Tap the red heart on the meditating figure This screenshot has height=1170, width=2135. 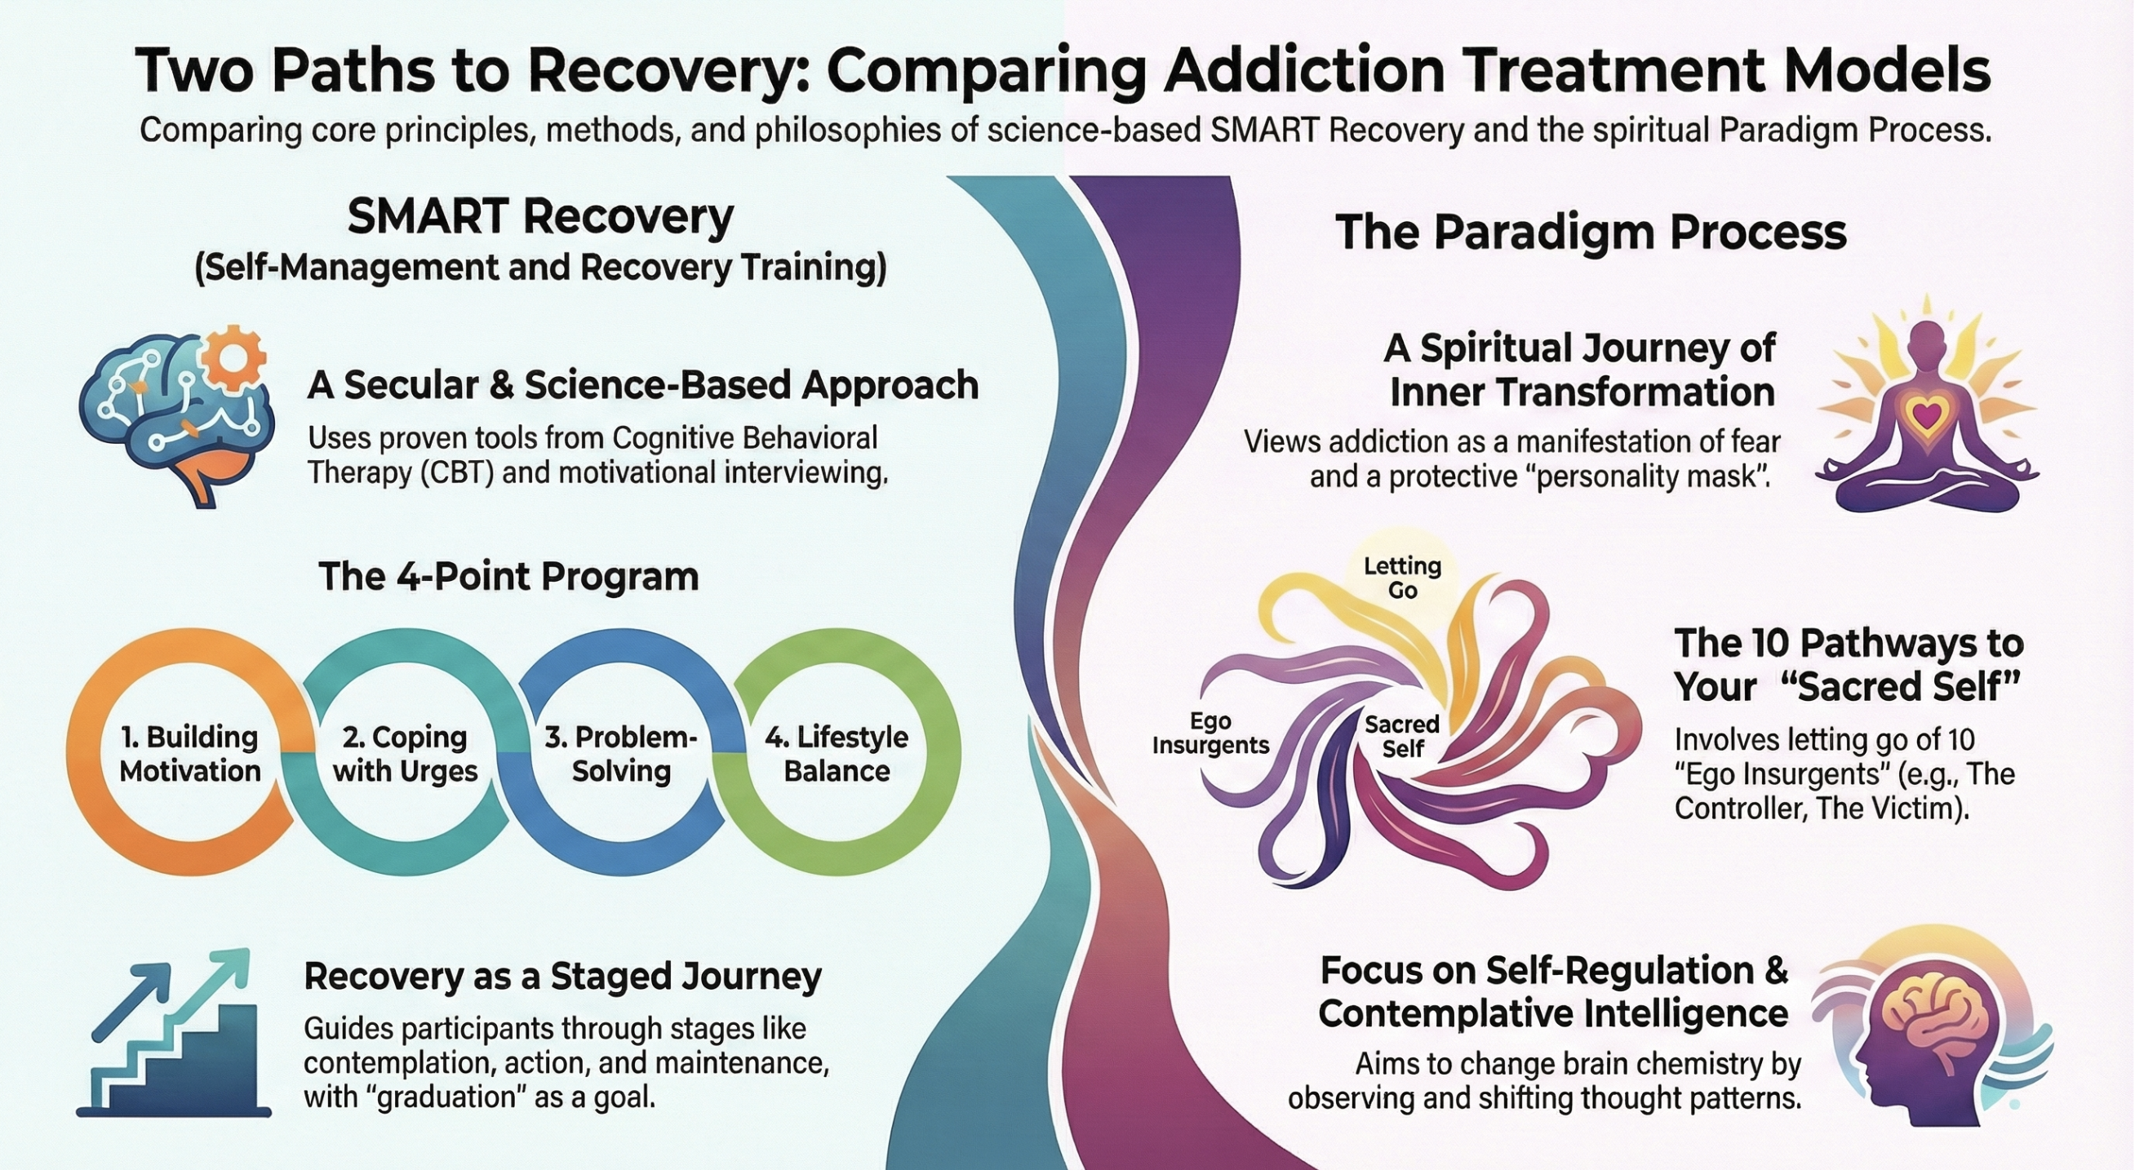[1927, 412]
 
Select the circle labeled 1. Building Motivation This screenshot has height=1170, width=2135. [190, 753]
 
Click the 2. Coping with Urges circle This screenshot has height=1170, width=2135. [406, 753]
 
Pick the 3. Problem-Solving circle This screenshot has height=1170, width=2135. [621, 753]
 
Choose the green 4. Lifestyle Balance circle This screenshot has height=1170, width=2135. [837, 753]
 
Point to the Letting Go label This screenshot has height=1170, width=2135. [1402, 578]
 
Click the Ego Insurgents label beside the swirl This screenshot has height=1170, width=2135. [1210, 733]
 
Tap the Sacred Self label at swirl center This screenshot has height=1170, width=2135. [1401, 736]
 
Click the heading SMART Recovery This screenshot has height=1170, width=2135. [540, 217]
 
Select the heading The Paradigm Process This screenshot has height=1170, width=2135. [1591, 232]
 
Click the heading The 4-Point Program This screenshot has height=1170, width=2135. [508, 576]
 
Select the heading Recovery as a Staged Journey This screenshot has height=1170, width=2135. [563, 976]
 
